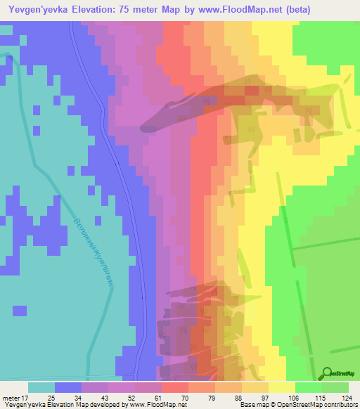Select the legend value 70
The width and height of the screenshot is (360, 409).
[185, 397]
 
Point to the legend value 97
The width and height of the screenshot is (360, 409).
[265, 397]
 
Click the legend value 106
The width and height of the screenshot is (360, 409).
[292, 397]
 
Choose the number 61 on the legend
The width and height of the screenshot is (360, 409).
[158, 397]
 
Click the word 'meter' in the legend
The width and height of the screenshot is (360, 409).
[10, 397]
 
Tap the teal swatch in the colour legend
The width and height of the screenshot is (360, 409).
[41, 387]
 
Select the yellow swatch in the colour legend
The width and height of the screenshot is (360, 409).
[282, 387]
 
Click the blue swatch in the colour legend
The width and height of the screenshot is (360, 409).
[68, 387]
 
